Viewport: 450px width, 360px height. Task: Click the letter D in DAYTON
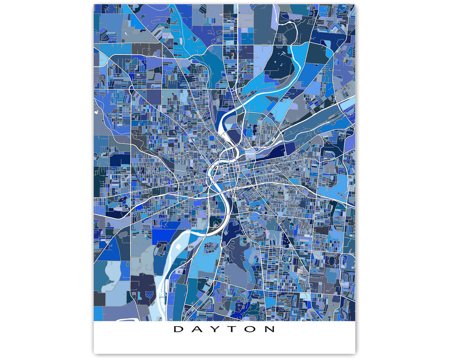point(178,329)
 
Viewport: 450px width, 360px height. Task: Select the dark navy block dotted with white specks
point(281,66)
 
